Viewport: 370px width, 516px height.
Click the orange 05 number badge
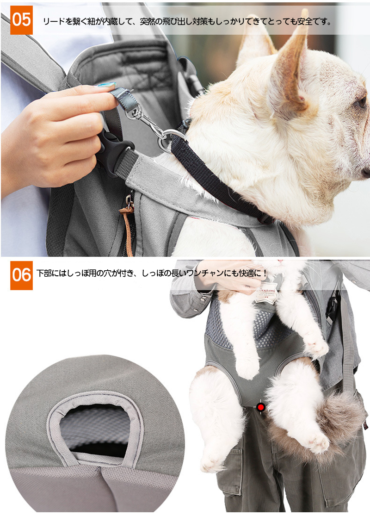[21, 20]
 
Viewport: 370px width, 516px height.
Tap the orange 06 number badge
[21, 275]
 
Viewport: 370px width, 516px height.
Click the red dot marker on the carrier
[261, 407]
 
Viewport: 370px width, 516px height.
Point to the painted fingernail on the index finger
[106, 85]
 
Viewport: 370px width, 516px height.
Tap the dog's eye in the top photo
[361, 102]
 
